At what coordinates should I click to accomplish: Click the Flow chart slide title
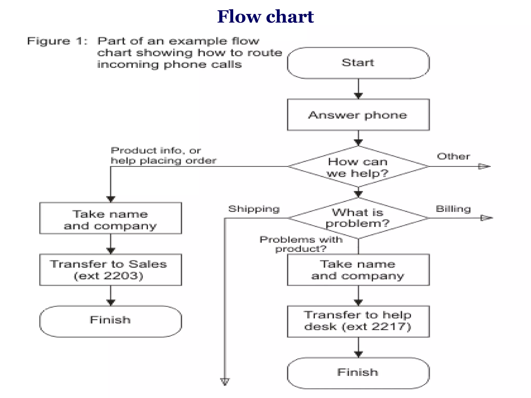[x=265, y=17]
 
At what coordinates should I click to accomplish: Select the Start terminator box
[x=358, y=63]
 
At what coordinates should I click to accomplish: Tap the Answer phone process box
[x=358, y=115]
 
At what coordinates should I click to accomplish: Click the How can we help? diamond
[x=358, y=167]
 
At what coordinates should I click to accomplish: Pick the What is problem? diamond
[x=358, y=218]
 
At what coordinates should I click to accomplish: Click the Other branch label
[x=453, y=157]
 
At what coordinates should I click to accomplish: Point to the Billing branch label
[x=453, y=209]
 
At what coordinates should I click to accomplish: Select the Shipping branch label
[x=254, y=209]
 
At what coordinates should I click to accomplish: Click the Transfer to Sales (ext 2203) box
[x=110, y=270]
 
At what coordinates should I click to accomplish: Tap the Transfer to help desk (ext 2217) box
[x=358, y=321]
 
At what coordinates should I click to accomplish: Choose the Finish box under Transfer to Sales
[x=110, y=321]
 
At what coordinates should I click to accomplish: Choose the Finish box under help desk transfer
[x=358, y=373]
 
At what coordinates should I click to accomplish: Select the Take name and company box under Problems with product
[x=358, y=270]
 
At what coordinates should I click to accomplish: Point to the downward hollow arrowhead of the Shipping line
[x=225, y=381]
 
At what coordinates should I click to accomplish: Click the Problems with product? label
[x=301, y=244]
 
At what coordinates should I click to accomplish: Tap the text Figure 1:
[x=57, y=41]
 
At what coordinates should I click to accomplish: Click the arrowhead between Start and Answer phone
[x=358, y=96]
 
